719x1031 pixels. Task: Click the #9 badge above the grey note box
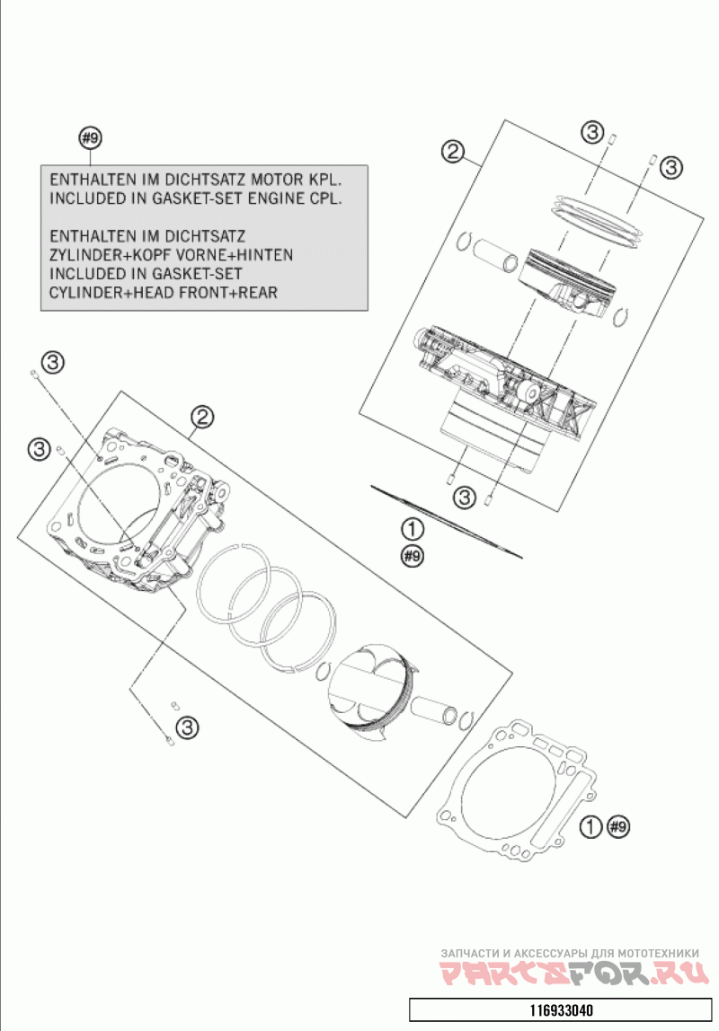pos(90,137)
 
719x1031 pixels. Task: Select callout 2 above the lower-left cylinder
pos(202,416)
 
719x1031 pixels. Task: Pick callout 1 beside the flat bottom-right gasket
pos(590,825)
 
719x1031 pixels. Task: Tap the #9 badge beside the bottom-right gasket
pos(618,825)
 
